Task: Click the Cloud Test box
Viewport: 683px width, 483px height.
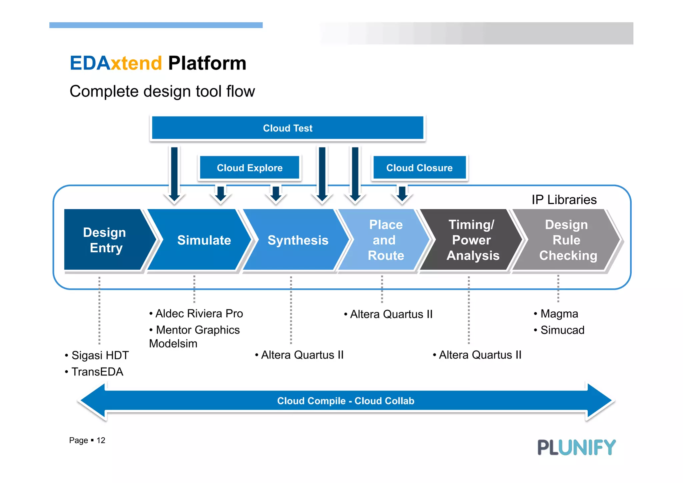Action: (x=287, y=128)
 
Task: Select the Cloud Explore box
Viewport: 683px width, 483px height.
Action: (x=249, y=168)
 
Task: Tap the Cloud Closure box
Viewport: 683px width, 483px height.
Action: (x=419, y=168)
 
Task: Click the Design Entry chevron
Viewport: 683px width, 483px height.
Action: (x=105, y=240)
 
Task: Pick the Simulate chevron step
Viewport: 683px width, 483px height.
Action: (x=204, y=240)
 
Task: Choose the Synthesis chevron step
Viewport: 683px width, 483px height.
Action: (x=298, y=240)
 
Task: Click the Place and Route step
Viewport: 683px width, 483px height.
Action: (x=386, y=240)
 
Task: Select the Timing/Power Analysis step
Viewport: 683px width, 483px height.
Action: (x=472, y=240)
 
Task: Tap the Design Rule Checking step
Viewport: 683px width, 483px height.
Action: (x=567, y=240)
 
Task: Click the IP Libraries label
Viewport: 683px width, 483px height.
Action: (x=564, y=200)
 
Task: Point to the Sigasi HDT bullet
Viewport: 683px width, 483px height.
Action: (x=100, y=355)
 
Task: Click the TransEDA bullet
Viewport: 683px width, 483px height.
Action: (x=97, y=372)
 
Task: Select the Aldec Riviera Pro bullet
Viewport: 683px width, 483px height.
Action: (x=199, y=313)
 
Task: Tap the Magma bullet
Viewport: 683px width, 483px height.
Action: (x=559, y=314)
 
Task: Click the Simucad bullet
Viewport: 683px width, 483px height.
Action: (x=562, y=330)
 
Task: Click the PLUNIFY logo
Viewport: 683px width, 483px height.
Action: (x=576, y=447)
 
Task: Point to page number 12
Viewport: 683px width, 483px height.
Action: (x=101, y=440)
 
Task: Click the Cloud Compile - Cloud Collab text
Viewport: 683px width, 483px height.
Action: (x=346, y=401)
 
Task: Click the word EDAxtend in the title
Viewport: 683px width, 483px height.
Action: (x=116, y=63)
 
